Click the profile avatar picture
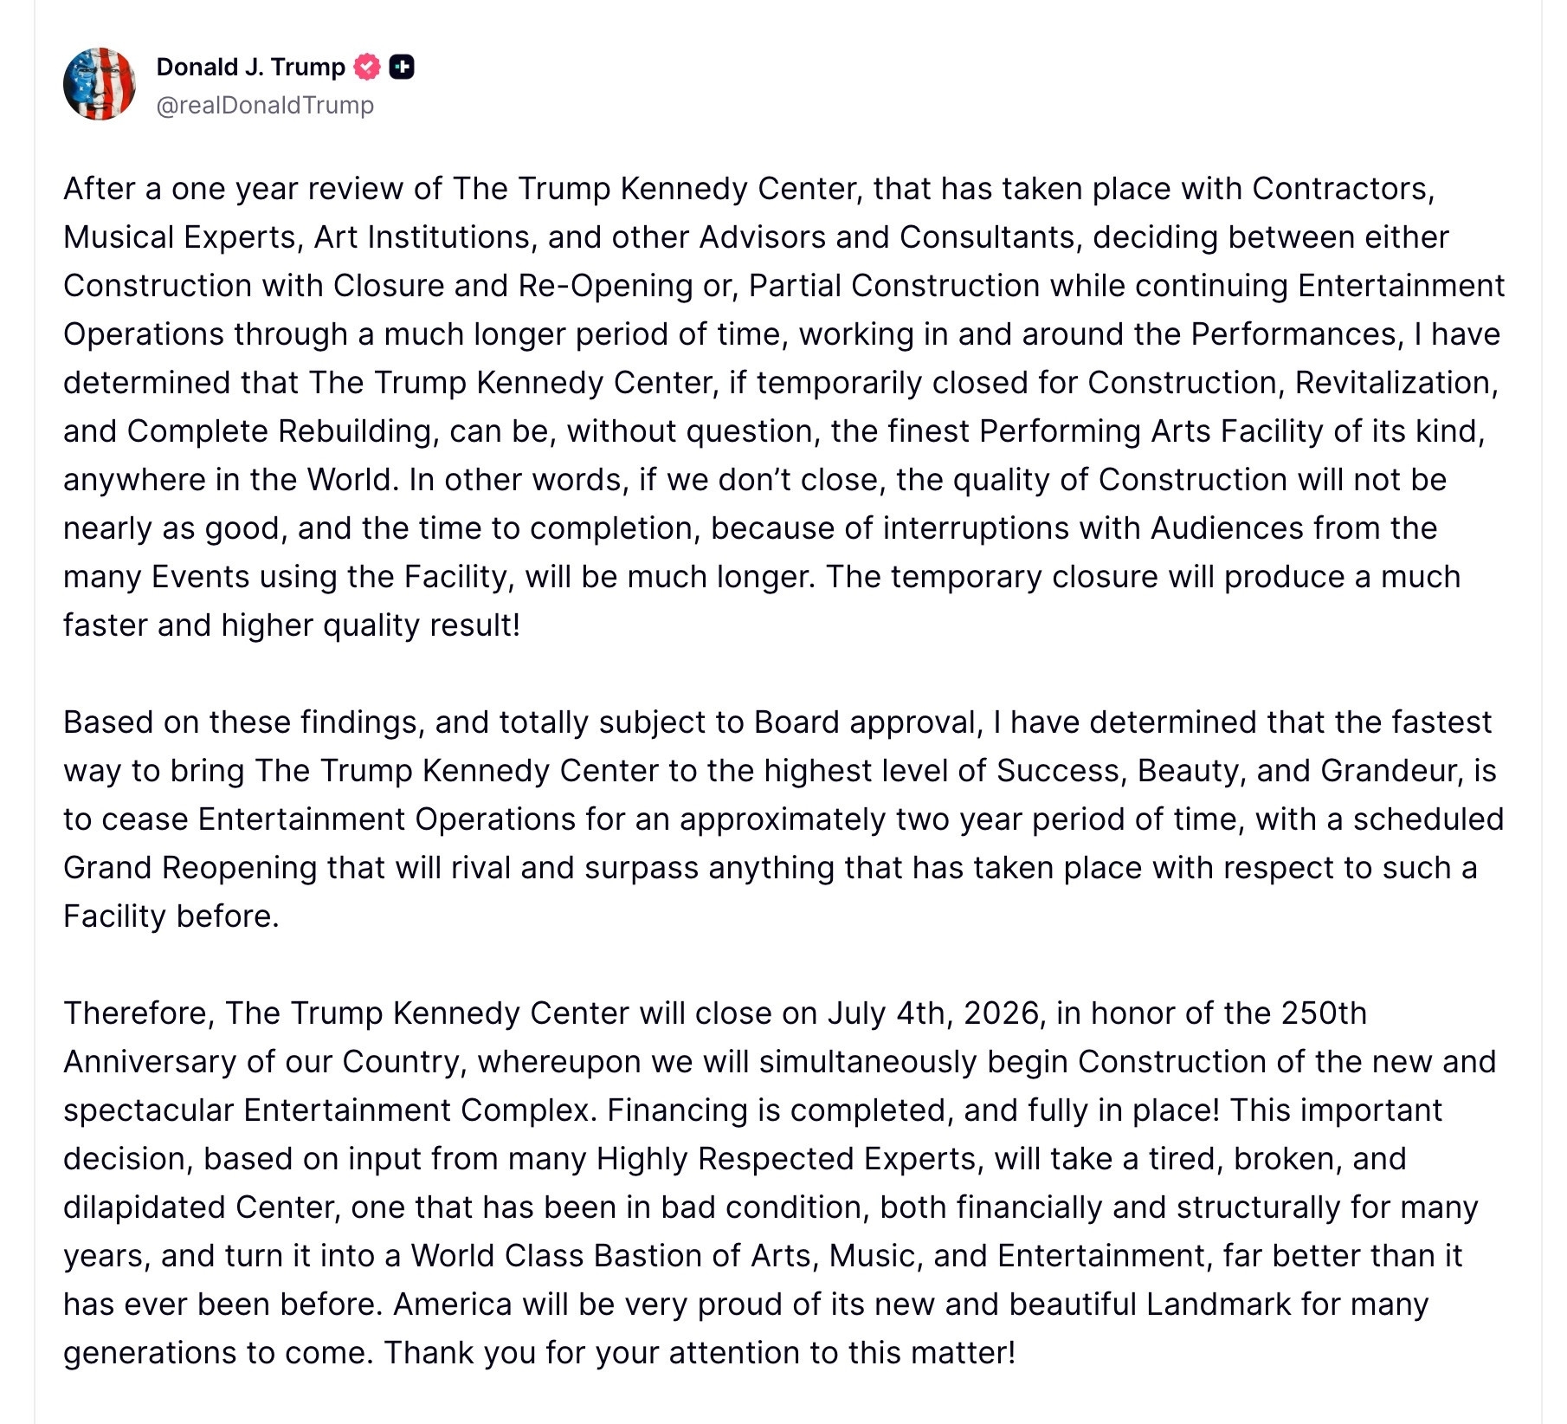[100, 84]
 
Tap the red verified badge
[368, 67]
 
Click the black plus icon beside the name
[402, 67]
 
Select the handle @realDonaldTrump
[265, 105]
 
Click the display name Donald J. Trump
[250, 67]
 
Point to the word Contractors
[1343, 189]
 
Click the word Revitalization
[1396, 383]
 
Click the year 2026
[1002, 1013]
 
